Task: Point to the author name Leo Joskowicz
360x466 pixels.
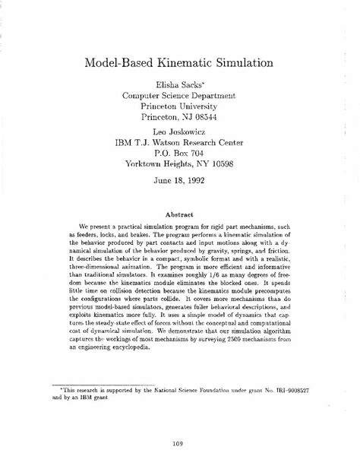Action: (179, 131)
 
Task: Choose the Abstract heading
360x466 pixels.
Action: (179, 214)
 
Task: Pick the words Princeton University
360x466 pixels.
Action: (179, 106)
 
